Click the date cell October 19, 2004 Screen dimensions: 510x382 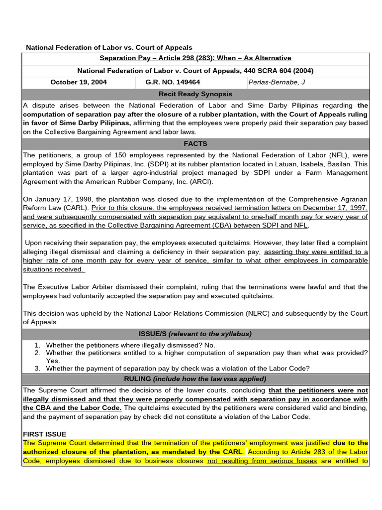[x=79, y=82]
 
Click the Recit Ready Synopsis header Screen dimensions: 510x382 [x=195, y=94]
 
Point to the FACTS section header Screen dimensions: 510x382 [x=195, y=143]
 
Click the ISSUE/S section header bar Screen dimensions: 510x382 [x=195, y=334]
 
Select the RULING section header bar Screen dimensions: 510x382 [x=195, y=379]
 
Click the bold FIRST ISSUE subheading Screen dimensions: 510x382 [x=44, y=434]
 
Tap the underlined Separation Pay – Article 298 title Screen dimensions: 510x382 [x=195, y=58]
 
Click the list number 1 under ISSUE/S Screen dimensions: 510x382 [x=37, y=345]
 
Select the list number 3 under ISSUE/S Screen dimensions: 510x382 [x=37, y=369]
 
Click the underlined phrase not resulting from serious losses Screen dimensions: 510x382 [x=262, y=461]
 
